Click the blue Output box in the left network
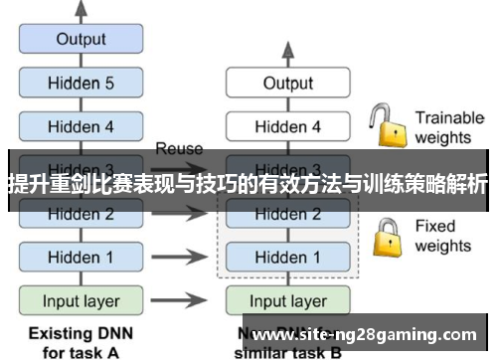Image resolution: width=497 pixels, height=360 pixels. [x=81, y=40]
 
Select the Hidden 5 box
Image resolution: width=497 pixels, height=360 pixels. [x=81, y=84]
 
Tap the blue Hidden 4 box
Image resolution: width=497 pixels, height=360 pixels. [x=81, y=126]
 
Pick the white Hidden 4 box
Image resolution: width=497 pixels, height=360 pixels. [x=287, y=126]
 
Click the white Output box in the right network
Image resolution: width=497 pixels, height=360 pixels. [x=287, y=84]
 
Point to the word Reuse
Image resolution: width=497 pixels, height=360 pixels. [x=179, y=149]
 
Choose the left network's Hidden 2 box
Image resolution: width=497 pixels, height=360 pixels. [x=81, y=214]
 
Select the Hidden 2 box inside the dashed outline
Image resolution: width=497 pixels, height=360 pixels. [x=287, y=214]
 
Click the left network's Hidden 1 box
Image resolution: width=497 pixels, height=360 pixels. [x=81, y=257]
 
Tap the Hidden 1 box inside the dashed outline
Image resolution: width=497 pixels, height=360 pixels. [x=287, y=257]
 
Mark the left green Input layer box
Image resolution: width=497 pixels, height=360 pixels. [x=81, y=300]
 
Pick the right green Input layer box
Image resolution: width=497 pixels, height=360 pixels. [x=287, y=300]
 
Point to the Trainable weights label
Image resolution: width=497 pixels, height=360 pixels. [x=448, y=127]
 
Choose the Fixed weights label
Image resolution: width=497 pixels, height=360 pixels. [x=441, y=236]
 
